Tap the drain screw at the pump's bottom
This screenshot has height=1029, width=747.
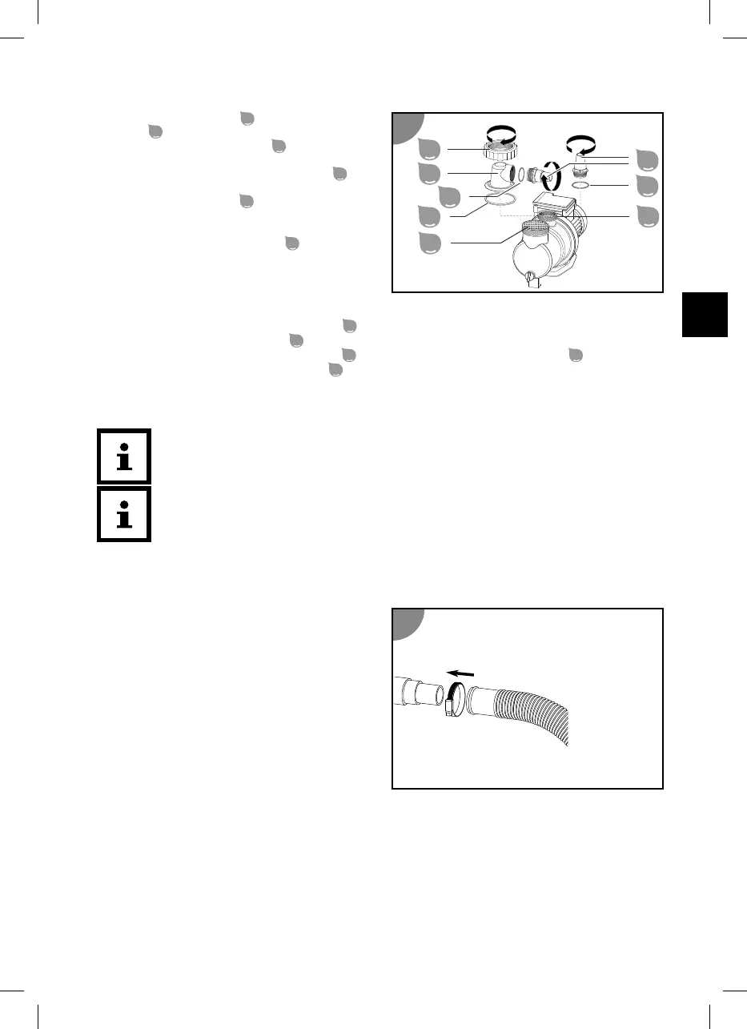click(530, 278)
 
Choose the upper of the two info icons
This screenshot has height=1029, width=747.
click(123, 456)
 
